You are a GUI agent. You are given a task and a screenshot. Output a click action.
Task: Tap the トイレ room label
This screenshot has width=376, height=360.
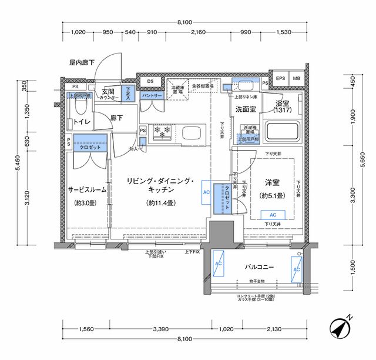point(81,122)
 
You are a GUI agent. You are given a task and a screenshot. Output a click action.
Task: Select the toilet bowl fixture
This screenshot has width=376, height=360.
point(82,105)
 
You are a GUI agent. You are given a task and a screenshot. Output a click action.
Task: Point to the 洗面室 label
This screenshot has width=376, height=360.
point(246,109)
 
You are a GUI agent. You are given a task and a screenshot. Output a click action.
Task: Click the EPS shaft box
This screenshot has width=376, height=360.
point(280,79)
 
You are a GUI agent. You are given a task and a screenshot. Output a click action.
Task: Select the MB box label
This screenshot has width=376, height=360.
point(296,79)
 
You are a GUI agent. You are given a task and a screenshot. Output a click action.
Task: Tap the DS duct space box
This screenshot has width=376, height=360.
point(150,81)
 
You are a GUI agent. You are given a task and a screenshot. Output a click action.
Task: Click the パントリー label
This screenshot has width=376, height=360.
point(152,95)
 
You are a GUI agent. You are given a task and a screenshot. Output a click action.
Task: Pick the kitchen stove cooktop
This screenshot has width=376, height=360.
point(160,132)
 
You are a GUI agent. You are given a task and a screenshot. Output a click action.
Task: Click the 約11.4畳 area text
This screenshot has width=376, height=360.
point(160,203)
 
